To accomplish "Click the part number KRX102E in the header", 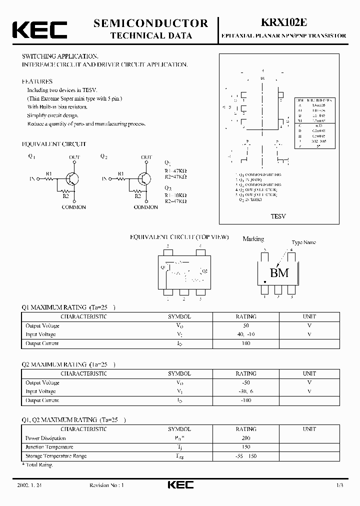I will pyautogui.click(x=283, y=23).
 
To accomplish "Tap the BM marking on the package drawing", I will pyautogui.click(x=279, y=273).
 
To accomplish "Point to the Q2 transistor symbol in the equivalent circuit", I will pyautogui.click(x=145, y=178).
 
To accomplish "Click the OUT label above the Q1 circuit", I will pyautogui.click(x=74, y=157).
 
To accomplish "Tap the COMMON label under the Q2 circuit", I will pyautogui.click(x=146, y=207).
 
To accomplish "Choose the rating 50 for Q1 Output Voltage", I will pyautogui.click(x=245, y=325).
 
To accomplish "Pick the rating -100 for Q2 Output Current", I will pyautogui.click(x=245, y=400).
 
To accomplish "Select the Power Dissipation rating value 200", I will pyautogui.click(x=245, y=438).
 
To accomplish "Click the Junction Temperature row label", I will pyautogui.click(x=49, y=447).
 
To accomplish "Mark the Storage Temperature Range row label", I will pyautogui.click(x=56, y=456).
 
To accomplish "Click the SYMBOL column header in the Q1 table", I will pyautogui.click(x=179, y=316).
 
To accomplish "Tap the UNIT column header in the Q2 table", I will pyautogui.click(x=309, y=373).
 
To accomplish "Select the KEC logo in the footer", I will pyautogui.click(x=180, y=485).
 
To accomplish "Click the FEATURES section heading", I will pyautogui.click(x=37, y=81).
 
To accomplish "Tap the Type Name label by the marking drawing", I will pyautogui.click(x=303, y=242).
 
